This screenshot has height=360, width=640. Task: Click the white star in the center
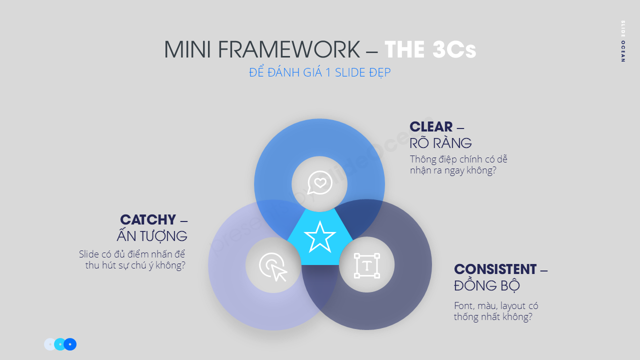(319, 237)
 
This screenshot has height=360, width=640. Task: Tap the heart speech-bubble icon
(319, 182)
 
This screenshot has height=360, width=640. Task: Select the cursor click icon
(273, 266)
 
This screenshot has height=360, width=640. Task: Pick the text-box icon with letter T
(366, 265)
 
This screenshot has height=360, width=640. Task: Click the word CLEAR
(431, 127)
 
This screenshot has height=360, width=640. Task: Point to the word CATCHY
(148, 219)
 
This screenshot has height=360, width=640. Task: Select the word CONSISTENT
(495, 269)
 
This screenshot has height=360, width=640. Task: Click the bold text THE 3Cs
(430, 50)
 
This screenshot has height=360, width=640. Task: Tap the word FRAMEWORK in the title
(289, 50)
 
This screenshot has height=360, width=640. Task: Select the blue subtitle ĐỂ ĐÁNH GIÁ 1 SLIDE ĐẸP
(319, 72)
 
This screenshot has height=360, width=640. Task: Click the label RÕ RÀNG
(440, 143)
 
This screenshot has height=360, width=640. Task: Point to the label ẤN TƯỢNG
(152, 236)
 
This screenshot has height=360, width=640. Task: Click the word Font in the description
(463, 306)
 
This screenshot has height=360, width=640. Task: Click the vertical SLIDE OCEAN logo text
(622, 41)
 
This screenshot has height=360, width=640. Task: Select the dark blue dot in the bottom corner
(70, 344)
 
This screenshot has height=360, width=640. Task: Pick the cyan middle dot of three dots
(60, 344)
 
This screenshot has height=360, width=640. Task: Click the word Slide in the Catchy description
(88, 254)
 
